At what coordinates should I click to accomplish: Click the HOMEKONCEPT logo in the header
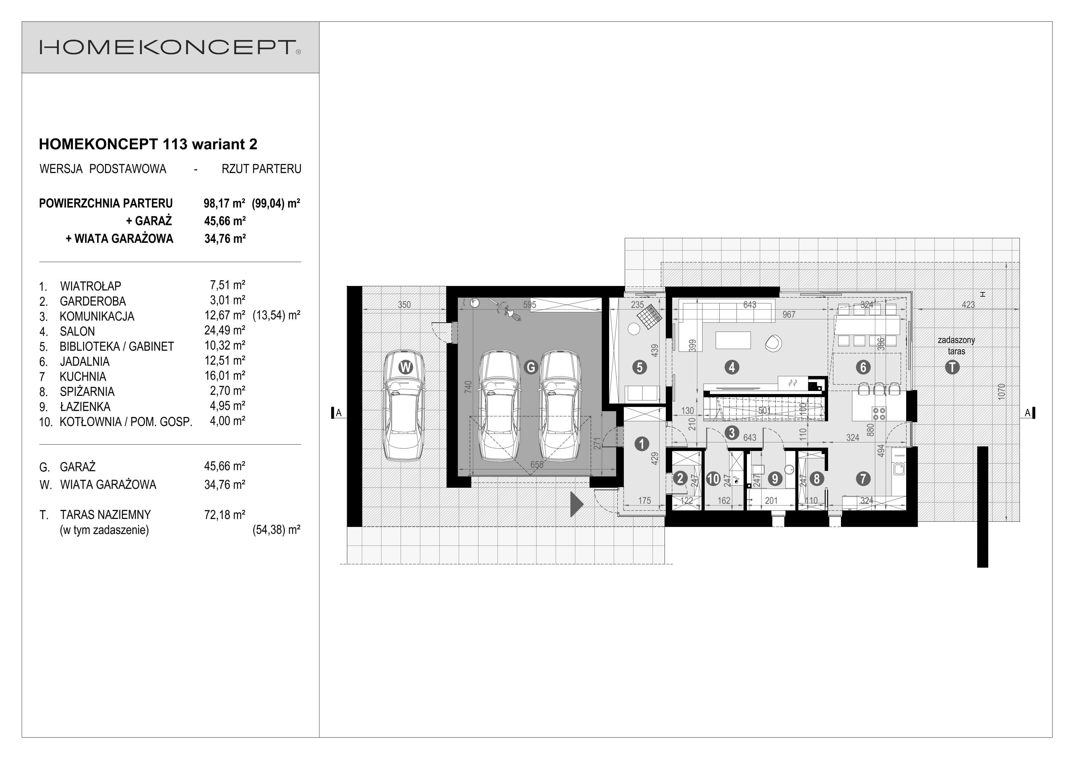(170, 47)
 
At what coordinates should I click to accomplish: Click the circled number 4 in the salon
(732, 367)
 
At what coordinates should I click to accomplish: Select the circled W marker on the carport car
(405, 367)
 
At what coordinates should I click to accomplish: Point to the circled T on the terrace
(952, 367)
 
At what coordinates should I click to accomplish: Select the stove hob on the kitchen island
(879, 413)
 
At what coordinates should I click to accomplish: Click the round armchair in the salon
(773, 343)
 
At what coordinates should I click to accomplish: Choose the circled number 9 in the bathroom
(775, 479)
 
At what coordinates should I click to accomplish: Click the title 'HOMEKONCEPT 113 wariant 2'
(148, 144)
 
